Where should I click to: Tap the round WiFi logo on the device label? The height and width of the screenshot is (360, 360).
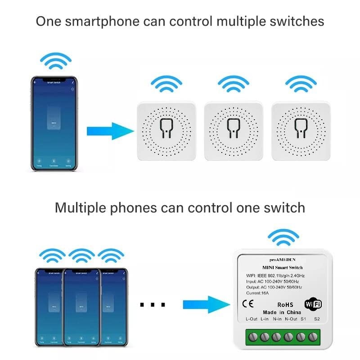[313, 304]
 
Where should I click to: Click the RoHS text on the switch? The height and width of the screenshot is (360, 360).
[286, 305]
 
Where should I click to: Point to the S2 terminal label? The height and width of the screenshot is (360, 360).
[317, 319]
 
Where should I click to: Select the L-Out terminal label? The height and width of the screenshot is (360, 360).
[252, 319]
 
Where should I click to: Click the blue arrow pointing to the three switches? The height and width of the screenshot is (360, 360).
[110, 131]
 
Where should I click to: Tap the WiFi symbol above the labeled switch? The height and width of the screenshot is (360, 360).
[283, 237]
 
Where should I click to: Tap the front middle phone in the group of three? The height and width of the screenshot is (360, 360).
[81, 307]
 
